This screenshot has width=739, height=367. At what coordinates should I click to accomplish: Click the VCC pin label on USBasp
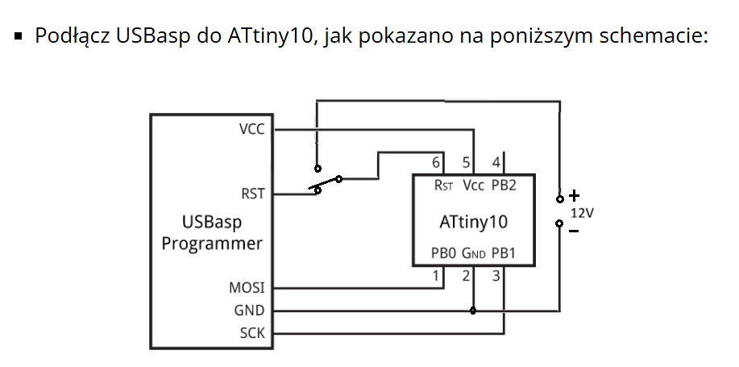(251, 129)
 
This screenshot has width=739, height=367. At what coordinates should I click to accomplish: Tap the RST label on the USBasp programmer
(252, 194)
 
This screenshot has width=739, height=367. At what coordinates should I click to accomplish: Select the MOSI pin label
(247, 287)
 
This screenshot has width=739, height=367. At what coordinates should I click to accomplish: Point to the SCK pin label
(252, 333)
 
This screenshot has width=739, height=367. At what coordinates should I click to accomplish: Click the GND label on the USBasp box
(249, 311)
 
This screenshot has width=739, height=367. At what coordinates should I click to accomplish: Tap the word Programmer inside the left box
(212, 244)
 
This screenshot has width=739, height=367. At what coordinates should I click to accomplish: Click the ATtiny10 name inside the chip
(474, 222)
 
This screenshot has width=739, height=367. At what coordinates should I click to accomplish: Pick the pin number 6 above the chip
(437, 163)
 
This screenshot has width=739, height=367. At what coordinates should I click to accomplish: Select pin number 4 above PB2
(496, 163)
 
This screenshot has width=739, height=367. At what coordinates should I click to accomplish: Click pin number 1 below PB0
(436, 276)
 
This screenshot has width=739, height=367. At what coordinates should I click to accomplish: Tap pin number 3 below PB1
(496, 276)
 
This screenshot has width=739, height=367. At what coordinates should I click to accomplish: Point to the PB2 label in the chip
(504, 186)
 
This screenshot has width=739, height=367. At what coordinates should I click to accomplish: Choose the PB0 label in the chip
(443, 253)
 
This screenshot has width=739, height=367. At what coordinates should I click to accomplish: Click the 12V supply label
(582, 213)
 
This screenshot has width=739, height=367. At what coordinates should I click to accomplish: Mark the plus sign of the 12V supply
(574, 195)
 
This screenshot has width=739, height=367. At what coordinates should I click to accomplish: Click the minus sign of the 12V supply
(574, 231)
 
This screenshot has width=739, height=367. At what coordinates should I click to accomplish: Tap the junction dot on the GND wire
(473, 311)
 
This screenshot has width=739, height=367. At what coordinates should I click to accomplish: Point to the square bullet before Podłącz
(19, 35)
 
